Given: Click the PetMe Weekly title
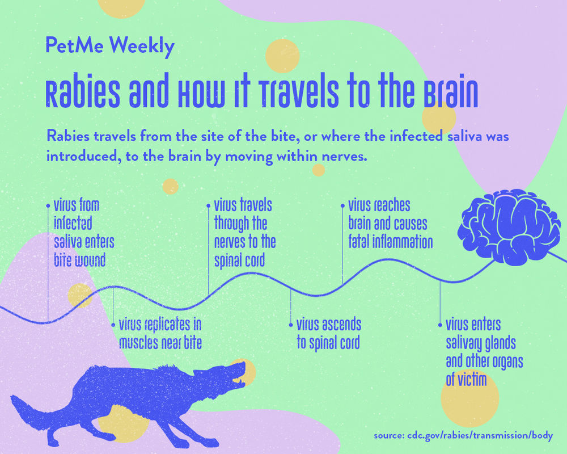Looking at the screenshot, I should pos(109,47).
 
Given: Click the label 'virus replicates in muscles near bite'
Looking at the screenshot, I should pos(160,334).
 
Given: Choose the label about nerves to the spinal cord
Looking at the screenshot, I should pos(244,233).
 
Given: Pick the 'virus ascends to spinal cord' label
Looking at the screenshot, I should pos(328,334).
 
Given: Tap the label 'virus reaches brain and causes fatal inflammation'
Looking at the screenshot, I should pos(390,223).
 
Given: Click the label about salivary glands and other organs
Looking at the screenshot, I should pos(484,352).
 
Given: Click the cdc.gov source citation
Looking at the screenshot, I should pos(463,436).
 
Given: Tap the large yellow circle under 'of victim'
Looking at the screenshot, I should pos(469,400).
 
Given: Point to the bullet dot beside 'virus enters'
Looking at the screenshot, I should pos(440,325).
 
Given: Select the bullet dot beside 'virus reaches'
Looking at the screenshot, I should pos(342,205).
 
